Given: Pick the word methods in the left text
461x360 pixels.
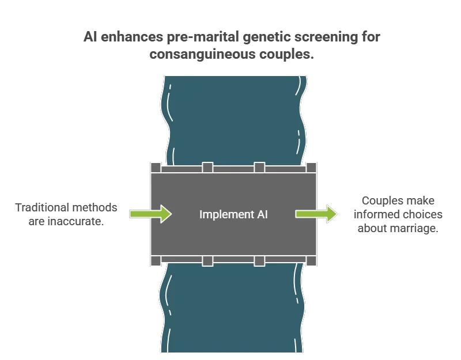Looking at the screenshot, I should tap(100, 207).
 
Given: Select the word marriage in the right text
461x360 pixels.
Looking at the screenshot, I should tap(414, 228).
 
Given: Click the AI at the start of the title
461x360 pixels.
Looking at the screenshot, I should tap(89, 37).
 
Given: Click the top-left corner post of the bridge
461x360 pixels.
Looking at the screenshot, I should tap(155, 168).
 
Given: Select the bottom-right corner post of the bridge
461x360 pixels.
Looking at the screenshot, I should tap(311, 261).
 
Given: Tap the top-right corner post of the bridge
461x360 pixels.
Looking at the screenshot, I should tap(311, 168).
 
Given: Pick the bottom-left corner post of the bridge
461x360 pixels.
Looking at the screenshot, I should tap(155, 261).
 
